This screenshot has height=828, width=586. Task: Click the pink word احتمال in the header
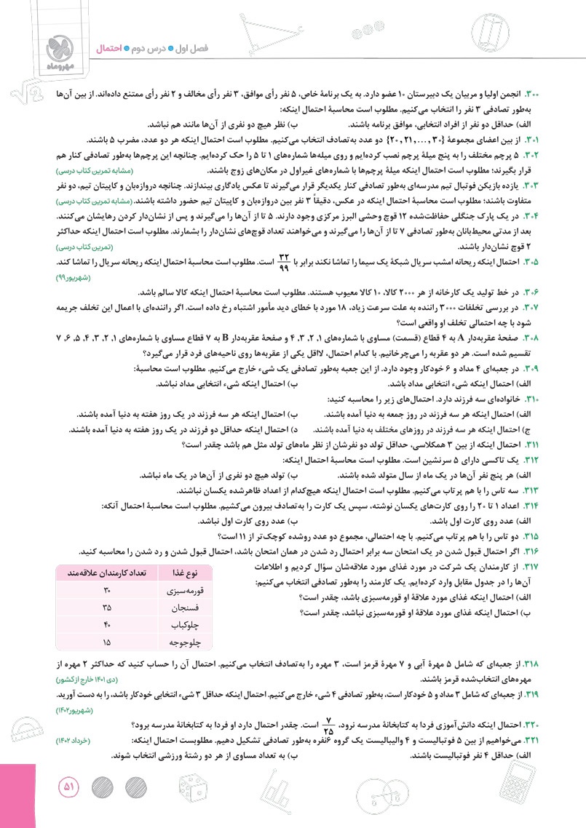point(111,48)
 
